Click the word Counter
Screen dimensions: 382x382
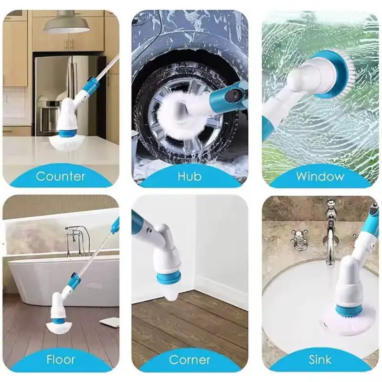pos(61,176)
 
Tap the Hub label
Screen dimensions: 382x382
pos(190,176)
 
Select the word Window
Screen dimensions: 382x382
pos(320,176)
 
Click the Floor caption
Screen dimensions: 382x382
pos(61,360)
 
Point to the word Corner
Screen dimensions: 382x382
pos(190,360)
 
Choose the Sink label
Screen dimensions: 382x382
pos(320,360)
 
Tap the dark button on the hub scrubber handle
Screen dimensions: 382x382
pos(233,95)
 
